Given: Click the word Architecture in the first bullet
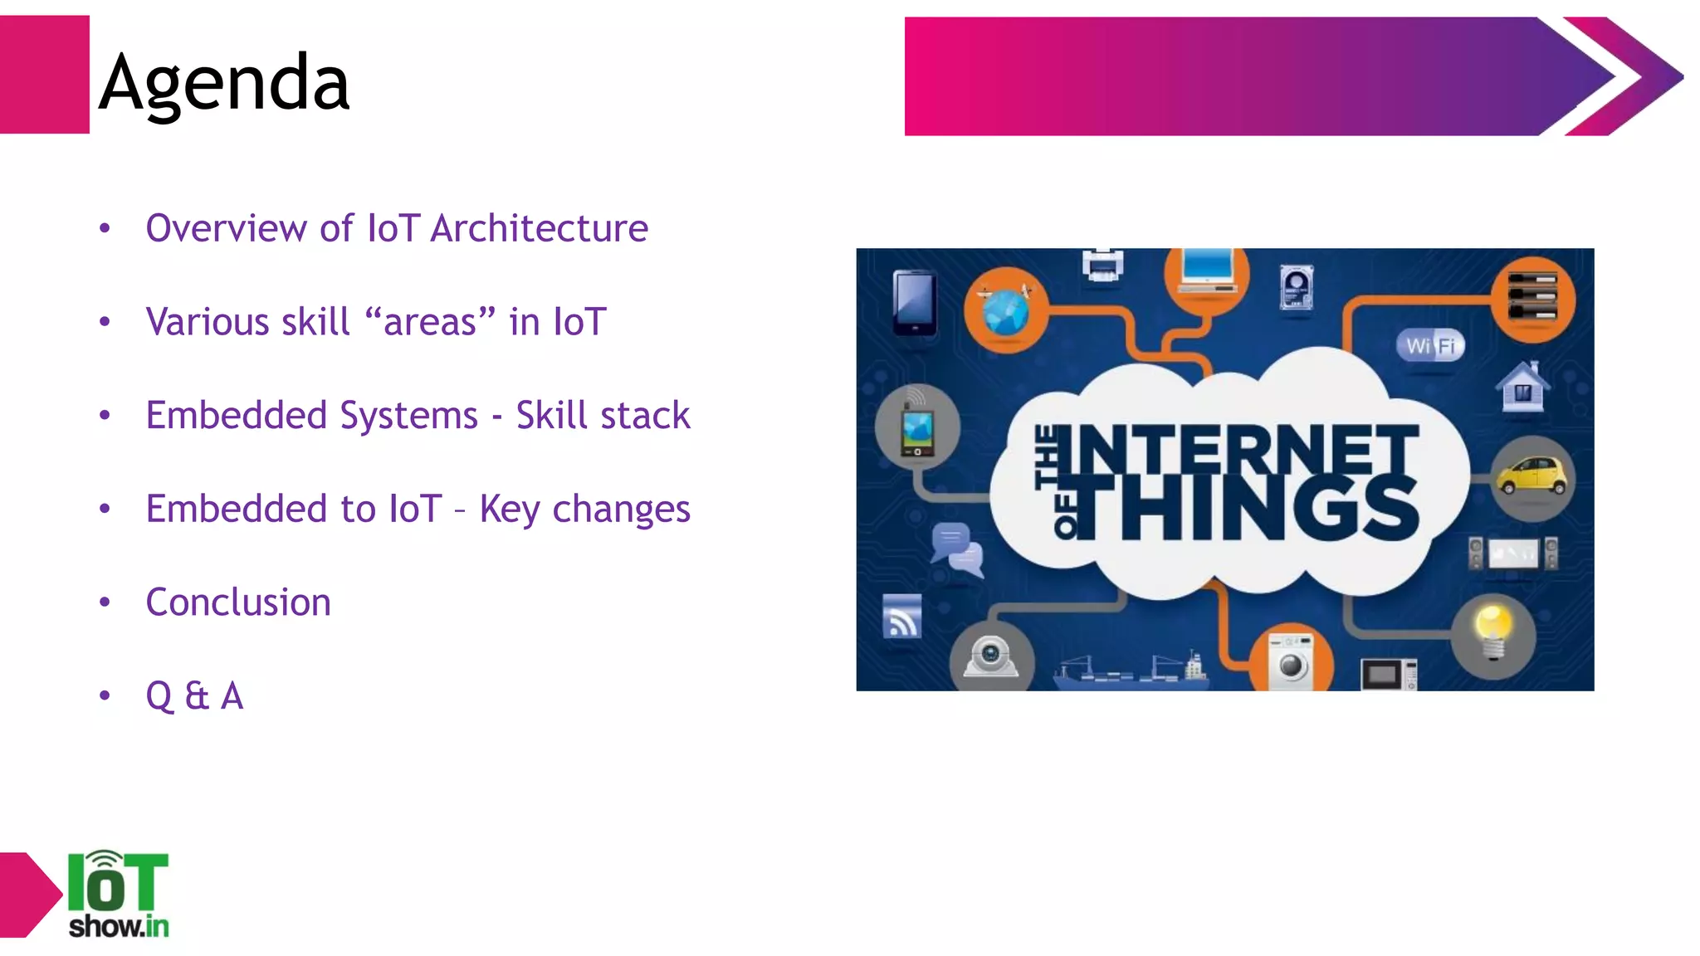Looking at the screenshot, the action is point(539,228).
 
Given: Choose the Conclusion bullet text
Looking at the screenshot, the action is point(238,602).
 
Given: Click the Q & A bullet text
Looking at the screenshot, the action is point(194,695).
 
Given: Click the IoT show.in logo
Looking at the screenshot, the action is point(118,895).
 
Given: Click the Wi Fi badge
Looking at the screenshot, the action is point(1431,345).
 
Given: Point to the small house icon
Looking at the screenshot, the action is point(1522,388).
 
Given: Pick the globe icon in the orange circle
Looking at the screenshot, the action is point(1005,310).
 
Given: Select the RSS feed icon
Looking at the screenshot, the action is point(901,616).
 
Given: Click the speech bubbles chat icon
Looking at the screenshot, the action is point(957,549).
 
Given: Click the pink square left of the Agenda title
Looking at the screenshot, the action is point(44,75).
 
